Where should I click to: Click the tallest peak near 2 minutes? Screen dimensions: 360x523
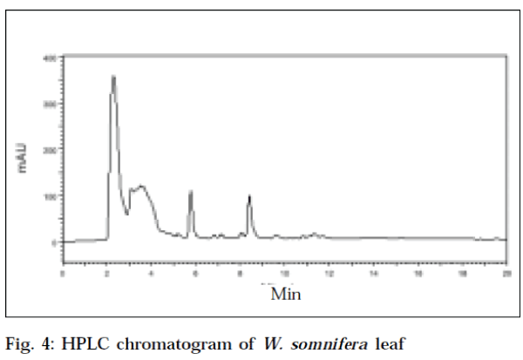(113, 77)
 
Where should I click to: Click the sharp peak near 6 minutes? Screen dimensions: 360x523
(190, 192)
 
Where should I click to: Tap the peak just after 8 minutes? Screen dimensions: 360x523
(249, 196)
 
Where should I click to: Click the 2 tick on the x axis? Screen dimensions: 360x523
(106, 274)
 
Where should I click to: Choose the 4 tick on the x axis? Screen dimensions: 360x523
(151, 274)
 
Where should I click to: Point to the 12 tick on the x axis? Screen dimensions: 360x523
(329, 274)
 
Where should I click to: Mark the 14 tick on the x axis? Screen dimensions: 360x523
(374, 274)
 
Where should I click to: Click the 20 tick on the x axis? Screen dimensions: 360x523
(507, 274)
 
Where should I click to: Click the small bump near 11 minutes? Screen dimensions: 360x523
(314, 234)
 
